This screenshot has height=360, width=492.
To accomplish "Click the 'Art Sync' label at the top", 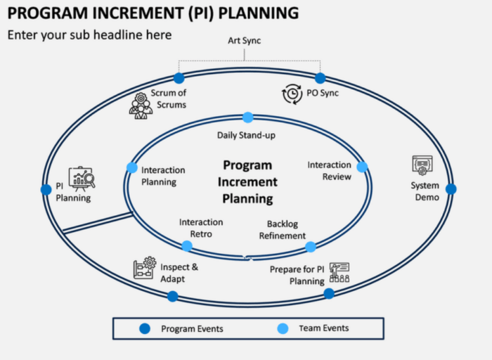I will pos(244,41).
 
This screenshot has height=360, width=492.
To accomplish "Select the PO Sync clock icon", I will pos(292,94).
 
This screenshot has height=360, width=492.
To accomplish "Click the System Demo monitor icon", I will pos(422,165).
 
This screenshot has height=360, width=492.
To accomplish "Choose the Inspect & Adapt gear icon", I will pos(144,268).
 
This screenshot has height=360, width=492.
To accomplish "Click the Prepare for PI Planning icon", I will pos(339,272).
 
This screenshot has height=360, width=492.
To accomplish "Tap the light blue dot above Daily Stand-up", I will pos(247,117).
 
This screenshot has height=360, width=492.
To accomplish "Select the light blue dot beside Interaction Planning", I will pos(131,167).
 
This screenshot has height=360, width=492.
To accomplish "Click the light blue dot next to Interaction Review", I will pos(362,167).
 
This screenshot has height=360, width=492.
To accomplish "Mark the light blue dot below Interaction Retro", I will pos(187,246).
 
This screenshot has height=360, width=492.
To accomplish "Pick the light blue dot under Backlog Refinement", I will pos(310,247).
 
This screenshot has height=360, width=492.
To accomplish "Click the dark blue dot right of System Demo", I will pos(451,189).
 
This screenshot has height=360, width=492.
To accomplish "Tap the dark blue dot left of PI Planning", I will pos(46,189).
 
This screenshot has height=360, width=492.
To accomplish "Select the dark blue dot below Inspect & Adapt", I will pos(172,296).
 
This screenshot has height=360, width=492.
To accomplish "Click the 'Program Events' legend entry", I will pos(192,328).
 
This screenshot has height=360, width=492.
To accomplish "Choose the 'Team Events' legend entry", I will pos(323,328).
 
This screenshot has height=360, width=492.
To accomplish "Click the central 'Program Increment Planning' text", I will pos(247,182).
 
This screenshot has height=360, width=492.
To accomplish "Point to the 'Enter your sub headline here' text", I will pos(89,34).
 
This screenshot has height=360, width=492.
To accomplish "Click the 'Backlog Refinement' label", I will pos(282,230).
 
